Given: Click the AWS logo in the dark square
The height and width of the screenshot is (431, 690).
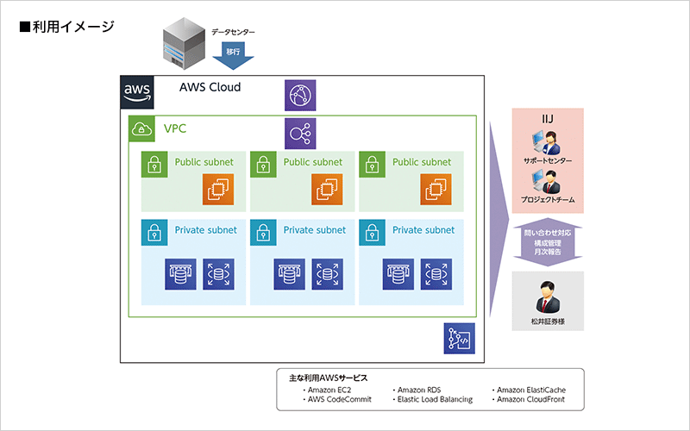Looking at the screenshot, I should click(x=137, y=91).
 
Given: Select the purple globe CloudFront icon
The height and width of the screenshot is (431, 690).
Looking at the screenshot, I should click(x=301, y=94).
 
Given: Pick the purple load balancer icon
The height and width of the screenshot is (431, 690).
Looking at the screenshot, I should click(x=301, y=133).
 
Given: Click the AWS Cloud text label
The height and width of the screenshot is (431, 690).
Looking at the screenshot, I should click(x=210, y=87).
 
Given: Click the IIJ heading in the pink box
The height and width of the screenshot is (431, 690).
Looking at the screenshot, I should click(x=548, y=119).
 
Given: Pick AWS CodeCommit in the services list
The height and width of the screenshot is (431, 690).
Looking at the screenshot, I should click(x=341, y=400).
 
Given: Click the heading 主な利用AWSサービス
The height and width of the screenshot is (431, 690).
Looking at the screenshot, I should click(x=328, y=378).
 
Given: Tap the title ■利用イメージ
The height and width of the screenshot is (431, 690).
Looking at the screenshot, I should click(x=66, y=27).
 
